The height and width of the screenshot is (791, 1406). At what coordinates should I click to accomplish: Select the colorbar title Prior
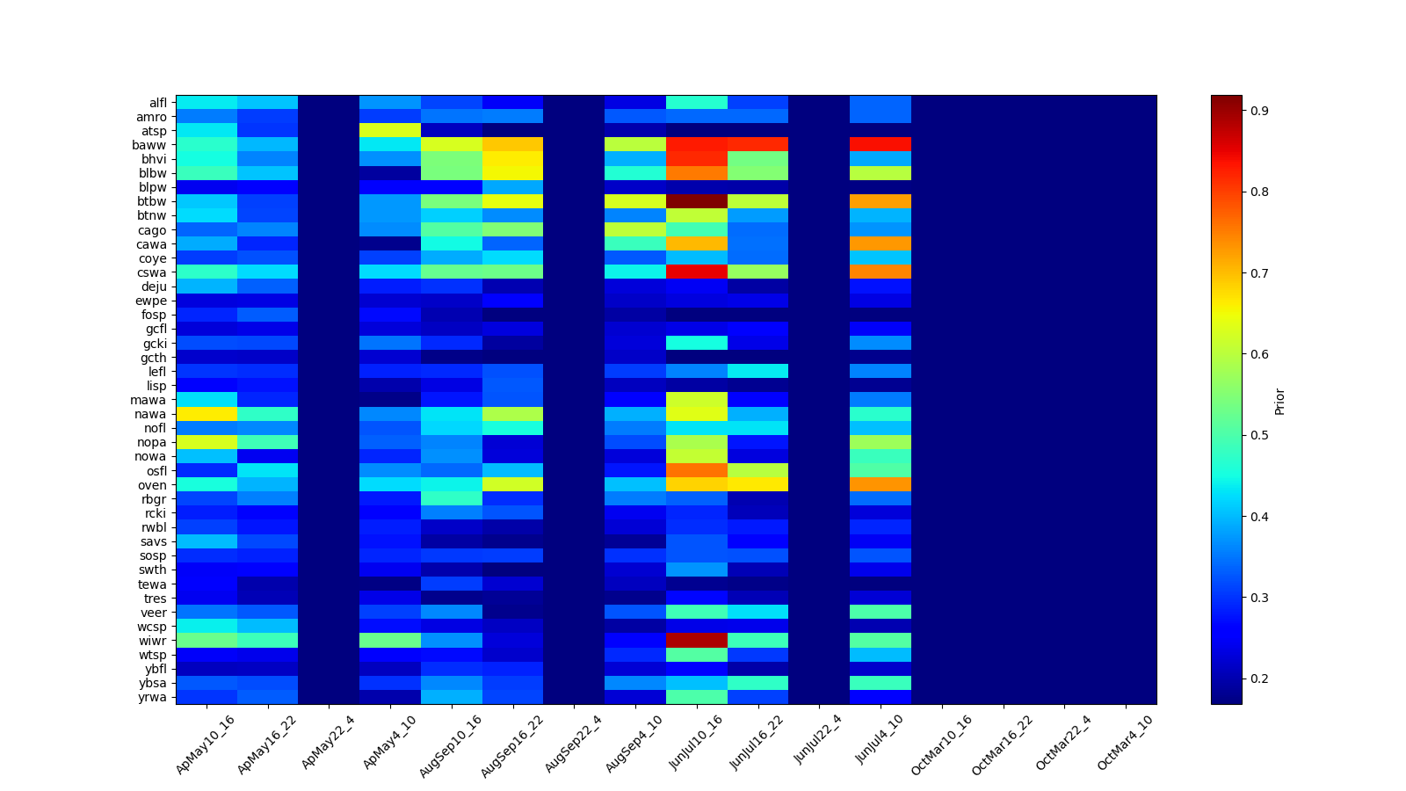[x=1279, y=401]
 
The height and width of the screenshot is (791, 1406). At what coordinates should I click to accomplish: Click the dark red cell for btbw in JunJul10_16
[x=696, y=201]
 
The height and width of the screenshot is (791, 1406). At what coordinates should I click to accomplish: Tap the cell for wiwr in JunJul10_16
[x=696, y=641]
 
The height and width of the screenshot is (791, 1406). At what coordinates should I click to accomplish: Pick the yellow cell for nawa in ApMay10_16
[x=206, y=414]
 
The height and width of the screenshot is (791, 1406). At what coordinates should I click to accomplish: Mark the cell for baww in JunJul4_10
[x=881, y=144]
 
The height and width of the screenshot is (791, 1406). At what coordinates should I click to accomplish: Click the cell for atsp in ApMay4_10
[x=389, y=130]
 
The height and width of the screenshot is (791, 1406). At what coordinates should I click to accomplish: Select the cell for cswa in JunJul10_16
[x=696, y=272]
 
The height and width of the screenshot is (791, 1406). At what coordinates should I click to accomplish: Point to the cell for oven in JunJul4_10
[x=881, y=485]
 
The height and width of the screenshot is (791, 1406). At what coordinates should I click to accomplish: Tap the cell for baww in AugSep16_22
[x=512, y=144]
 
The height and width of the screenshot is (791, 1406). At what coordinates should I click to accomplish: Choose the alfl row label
[x=157, y=102]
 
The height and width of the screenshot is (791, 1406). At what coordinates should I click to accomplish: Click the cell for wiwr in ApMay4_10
[x=389, y=641]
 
